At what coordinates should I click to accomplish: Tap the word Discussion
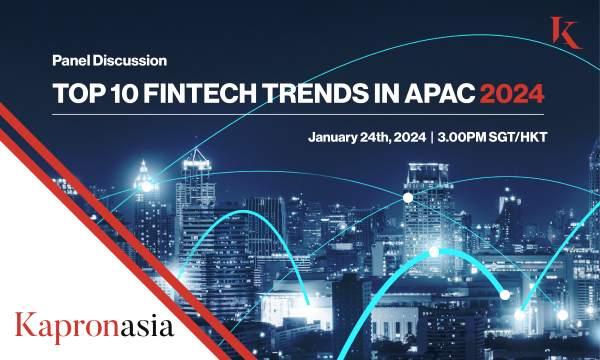[125, 61]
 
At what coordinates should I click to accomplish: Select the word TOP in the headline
[76, 95]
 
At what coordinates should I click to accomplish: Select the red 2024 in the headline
[510, 95]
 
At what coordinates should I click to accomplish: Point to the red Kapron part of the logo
[62, 326]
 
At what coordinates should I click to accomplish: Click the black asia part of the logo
[143, 326]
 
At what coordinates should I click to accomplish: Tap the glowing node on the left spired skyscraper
[146, 186]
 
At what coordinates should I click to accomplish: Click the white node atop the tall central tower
[408, 198]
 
